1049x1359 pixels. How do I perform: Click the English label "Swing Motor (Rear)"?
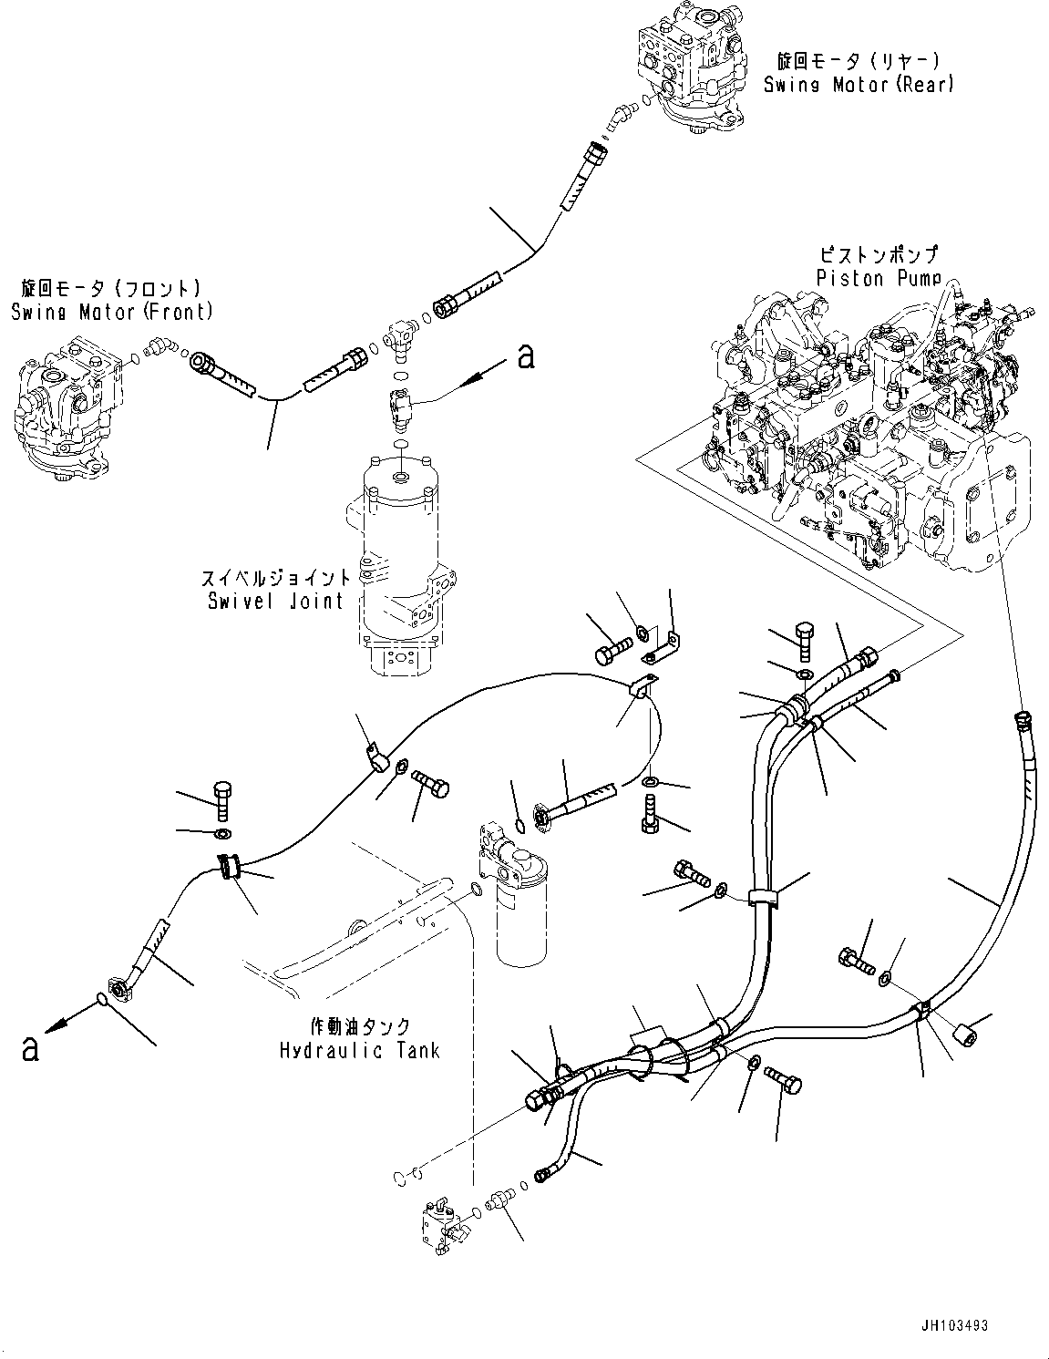(x=859, y=85)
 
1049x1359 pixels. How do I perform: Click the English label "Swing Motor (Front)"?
(x=112, y=312)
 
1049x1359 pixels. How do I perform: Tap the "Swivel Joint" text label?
(x=273, y=600)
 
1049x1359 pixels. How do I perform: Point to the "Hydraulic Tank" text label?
(x=359, y=1050)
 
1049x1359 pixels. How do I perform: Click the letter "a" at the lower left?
(x=31, y=1048)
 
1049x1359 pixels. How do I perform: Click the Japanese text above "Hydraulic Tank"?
(x=359, y=1025)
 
